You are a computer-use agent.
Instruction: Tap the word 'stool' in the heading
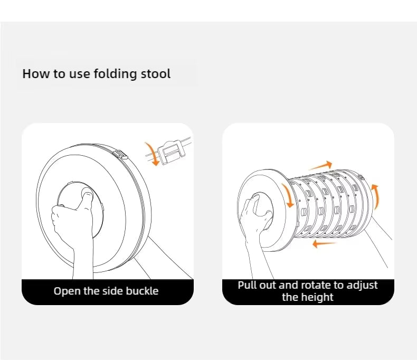pos(155,74)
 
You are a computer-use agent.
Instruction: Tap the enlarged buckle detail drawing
pos(170,151)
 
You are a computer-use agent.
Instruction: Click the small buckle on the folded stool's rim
pos(120,154)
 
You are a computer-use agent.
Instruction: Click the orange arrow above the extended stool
pos(320,166)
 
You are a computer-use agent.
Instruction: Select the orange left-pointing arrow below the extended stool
pos(325,243)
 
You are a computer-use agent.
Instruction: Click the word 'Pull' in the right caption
pos(247,285)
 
